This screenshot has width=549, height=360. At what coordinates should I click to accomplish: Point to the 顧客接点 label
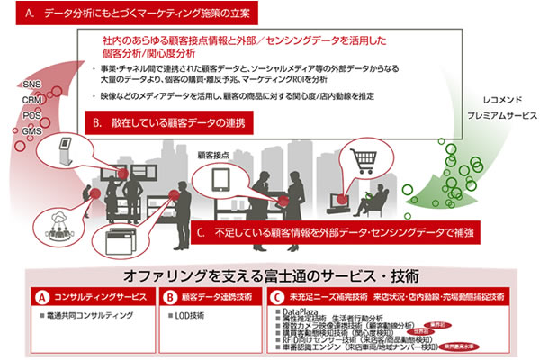(x=219, y=154)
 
